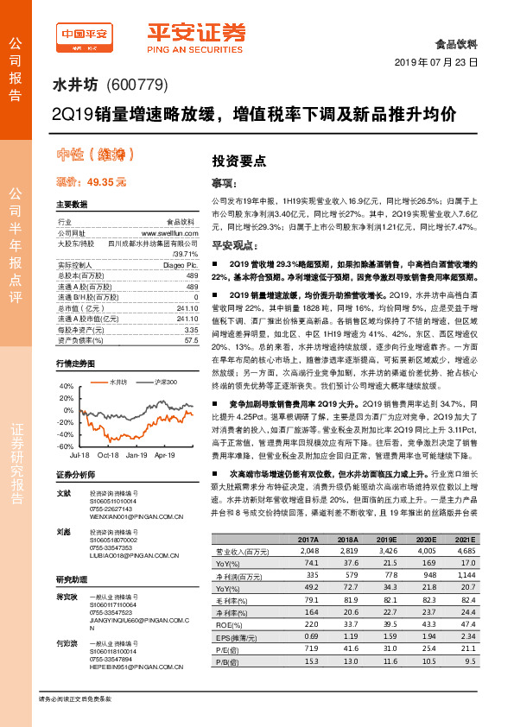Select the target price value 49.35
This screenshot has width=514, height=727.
coord(107,182)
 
